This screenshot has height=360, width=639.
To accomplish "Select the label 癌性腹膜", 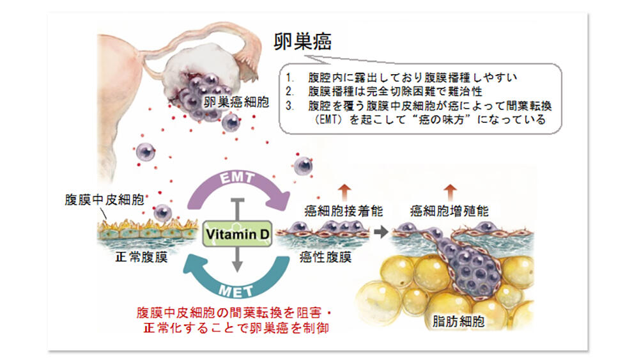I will (x=325, y=258).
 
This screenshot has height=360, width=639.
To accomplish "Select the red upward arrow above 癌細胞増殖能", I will (x=450, y=190).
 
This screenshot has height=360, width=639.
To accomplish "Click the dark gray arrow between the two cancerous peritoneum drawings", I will (x=381, y=232).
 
